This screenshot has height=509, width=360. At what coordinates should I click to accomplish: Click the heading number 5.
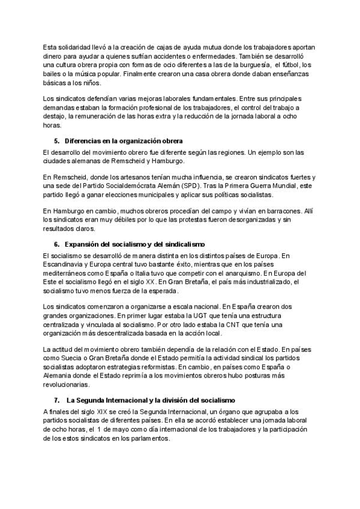click(56, 141)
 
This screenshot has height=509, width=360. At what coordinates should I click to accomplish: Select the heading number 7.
click(56, 400)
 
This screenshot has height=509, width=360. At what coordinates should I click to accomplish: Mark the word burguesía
click(249, 65)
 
